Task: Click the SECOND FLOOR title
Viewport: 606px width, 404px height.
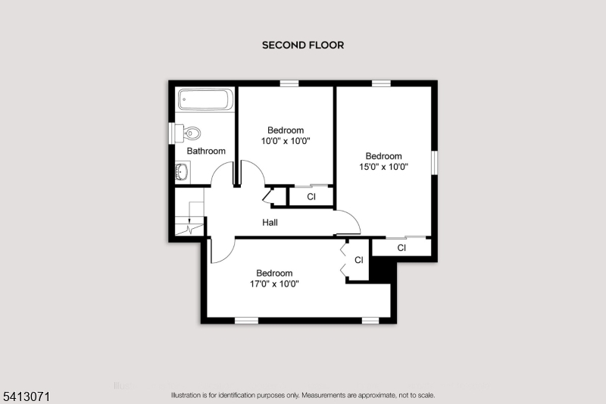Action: (x=303, y=45)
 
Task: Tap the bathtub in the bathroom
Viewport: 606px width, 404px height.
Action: (x=205, y=100)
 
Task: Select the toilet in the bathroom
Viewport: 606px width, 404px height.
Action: (x=191, y=134)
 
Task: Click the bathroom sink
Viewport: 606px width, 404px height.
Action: (x=183, y=173)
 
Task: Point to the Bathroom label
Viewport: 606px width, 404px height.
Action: (x=206, y=151)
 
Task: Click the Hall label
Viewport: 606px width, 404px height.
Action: (x=270, y=223)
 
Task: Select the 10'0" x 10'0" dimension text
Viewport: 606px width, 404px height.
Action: (x=286, y=141)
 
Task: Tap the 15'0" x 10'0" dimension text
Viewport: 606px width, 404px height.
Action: (x=383, y=168)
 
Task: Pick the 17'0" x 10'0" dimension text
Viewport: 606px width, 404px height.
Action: (x=274, y=284)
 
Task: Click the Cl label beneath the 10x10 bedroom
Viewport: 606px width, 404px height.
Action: (x=311, y=197)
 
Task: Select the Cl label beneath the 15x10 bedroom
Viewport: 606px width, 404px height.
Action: (x=401, y=248)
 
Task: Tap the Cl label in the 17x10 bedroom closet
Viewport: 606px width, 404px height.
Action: (x=359, y=260)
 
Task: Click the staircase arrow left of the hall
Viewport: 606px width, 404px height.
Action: (x=189, y=221)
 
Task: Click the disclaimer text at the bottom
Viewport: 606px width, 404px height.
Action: (x=303, y=395)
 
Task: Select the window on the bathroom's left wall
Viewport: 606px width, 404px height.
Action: (x=171, y=133)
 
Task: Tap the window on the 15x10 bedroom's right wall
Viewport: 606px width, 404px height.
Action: (x=435, y=162)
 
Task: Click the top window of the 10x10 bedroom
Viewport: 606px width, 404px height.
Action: (x=289, y=83)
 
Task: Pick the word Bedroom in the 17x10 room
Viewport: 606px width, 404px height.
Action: (x=274, y=274)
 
